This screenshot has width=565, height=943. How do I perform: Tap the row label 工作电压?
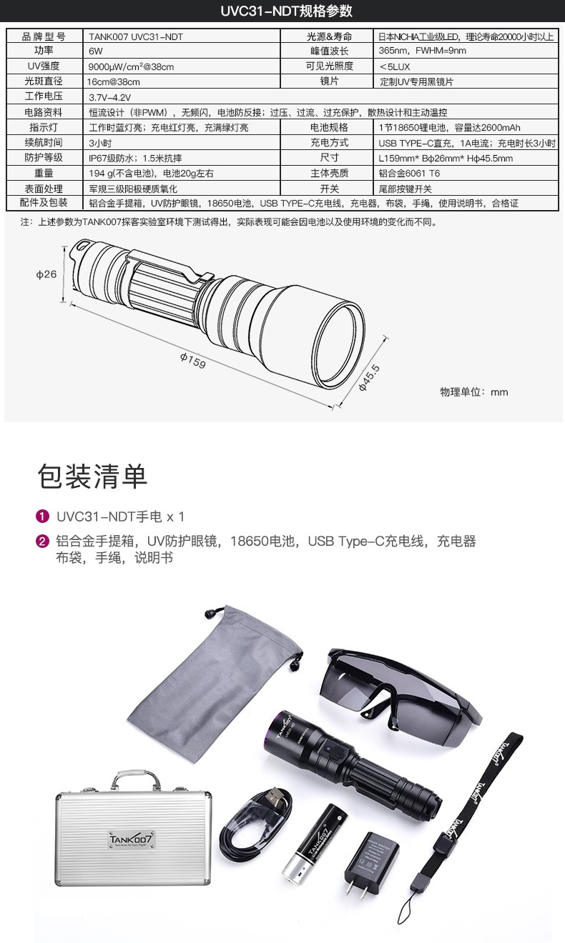pos(44,96)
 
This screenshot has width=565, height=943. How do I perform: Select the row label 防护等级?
pos(44,157)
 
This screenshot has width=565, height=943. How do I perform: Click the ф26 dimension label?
pos(46,274)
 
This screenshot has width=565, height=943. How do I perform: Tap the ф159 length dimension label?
pos(193,361)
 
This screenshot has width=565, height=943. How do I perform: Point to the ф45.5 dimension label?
pos(368,378)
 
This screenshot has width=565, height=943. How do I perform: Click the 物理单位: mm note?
pos(474,392)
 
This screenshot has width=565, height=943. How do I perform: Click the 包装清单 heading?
pos(92,477)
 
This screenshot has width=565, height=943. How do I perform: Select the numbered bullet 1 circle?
pos(43,516)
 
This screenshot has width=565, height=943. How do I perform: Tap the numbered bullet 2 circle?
pos(43,541)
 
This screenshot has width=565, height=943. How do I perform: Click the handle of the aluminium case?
pos(136,777)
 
